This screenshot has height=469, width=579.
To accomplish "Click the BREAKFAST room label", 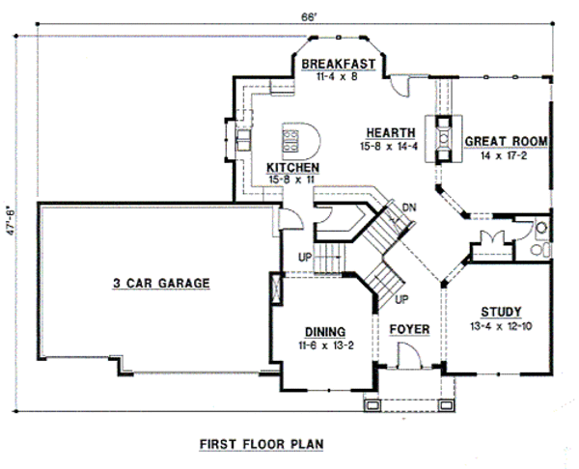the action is click(x=339, y=64).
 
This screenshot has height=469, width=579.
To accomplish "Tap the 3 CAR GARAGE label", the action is click(x=161, y=284).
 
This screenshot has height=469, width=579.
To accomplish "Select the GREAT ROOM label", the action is click(x=506, y=142).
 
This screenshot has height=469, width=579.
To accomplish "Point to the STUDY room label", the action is click(x=501, y=313).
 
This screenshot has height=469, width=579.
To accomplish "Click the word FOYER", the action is click(x=409, y=329).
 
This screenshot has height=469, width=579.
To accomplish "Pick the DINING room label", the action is click(x=325, y=332).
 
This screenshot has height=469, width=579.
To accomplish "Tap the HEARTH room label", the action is click(x=391, y=132).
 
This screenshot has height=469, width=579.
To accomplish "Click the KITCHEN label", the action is click(x=292, y=168).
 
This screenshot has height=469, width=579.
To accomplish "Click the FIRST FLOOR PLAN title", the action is click(x=262, y=444).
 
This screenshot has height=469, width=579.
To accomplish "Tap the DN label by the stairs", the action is click(x=409, y=207).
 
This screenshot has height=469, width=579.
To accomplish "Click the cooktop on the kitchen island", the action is click(x=290, y=141).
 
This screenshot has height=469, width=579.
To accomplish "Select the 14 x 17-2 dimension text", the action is click(x=504, y=155).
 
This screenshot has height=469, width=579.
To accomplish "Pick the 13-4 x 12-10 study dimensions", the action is click(x=501, y=326).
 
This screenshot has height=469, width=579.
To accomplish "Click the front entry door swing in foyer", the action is click(x=409, y=355).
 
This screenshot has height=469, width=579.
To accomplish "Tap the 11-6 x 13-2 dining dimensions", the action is click(x=326, y=345).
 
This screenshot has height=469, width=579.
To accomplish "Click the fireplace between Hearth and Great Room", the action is click(x=444, y=139).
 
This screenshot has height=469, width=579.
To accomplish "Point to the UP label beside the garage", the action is click(x=305, y=257).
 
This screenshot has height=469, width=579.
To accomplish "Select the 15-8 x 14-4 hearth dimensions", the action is click(x=389, y=147).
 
